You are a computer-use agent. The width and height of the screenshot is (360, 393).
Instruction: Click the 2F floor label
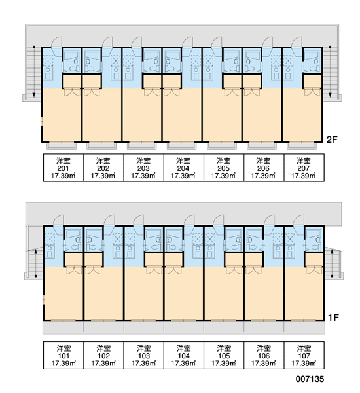click(332, 140)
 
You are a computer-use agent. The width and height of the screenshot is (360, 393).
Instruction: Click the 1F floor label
click(333, 318)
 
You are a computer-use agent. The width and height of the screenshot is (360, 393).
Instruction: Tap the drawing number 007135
click(310, 379)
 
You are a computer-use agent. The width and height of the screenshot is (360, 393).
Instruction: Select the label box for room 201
click(63, 168)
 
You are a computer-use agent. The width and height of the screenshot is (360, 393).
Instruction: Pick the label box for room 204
click(184, 168)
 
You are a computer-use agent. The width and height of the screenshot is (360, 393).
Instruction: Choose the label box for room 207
click(304, 168)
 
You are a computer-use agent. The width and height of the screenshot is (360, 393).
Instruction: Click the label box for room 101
click(63, 355)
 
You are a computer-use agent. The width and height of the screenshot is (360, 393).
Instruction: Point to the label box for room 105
click(224, 355)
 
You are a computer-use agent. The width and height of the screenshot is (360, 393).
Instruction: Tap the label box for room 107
click(304, 355)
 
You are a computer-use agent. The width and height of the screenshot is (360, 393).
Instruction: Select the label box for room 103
click(143, 355)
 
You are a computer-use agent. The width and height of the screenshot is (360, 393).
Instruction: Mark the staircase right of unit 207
click(331, 72)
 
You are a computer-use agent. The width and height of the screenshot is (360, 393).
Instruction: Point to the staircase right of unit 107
click(333, 263)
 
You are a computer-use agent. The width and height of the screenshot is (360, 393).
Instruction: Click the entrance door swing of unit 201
click(56, 43)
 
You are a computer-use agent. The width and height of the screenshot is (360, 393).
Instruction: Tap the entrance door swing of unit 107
click(298, 221)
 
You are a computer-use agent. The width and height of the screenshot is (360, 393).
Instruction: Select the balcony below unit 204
click(181, 145)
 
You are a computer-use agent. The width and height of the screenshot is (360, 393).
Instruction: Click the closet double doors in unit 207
click(312, 92)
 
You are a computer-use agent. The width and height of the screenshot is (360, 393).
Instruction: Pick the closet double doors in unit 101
click(74, 271)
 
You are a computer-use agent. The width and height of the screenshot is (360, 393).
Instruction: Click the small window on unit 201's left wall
click(42, 122)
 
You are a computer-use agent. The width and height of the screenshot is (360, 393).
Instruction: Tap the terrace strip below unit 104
click(184, 327)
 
